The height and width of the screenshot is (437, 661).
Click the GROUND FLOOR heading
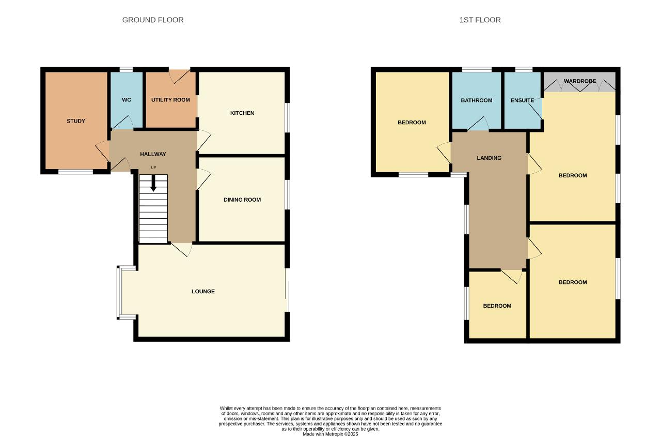click(153, 20)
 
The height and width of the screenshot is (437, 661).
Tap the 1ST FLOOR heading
click(480, 20)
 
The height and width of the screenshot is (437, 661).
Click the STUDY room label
click(76, 121)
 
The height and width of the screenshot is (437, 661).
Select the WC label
click(127, 100)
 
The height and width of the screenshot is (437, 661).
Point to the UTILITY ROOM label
click(170, 100)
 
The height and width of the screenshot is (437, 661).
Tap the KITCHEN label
click(242, 113)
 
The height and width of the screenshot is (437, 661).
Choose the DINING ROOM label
click(242, 200)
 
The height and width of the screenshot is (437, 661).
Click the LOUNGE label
click(203, 291)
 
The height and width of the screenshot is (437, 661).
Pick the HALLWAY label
click(153, 154)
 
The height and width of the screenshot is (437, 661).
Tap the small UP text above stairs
click(153, 168)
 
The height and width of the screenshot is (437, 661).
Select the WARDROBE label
click(580, 81)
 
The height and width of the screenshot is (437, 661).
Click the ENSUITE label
click(522, 100)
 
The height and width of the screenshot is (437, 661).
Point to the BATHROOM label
click(477, 100)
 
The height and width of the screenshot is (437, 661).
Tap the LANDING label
click(489, 158)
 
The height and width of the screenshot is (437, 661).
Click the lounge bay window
click(118, 293)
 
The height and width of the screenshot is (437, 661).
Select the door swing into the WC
click(123, 123)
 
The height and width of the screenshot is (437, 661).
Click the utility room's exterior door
click(180, 76)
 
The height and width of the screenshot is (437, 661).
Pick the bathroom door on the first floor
click(478, 124)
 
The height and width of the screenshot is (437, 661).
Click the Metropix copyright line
click(330, 434)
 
